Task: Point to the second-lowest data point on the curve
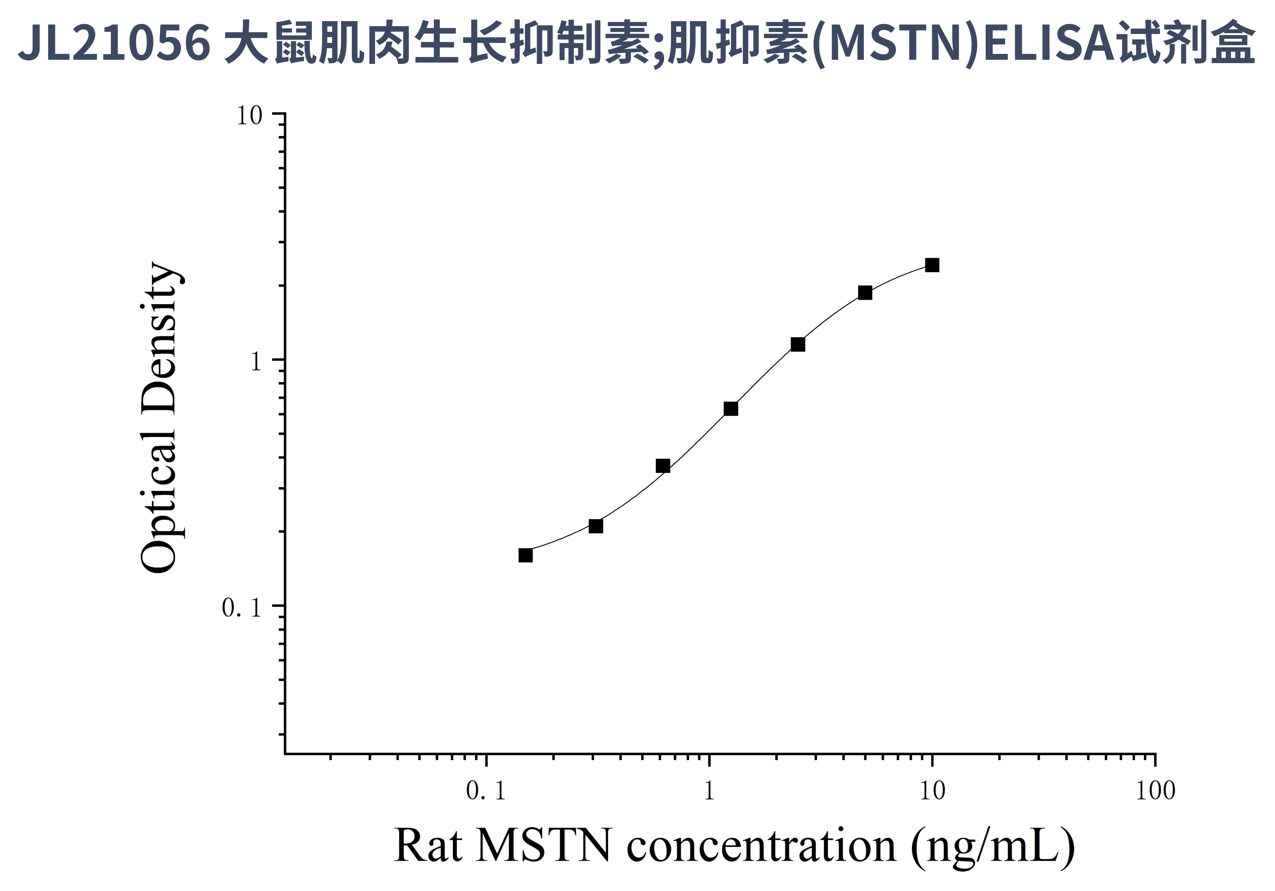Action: (x=596, y=526)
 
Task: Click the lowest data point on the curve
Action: (x=525, y=555)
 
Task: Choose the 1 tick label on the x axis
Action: (x=709, y=791)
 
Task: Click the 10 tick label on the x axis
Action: (x=932, y=791)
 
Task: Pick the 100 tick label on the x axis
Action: (x=1155, y=791)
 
